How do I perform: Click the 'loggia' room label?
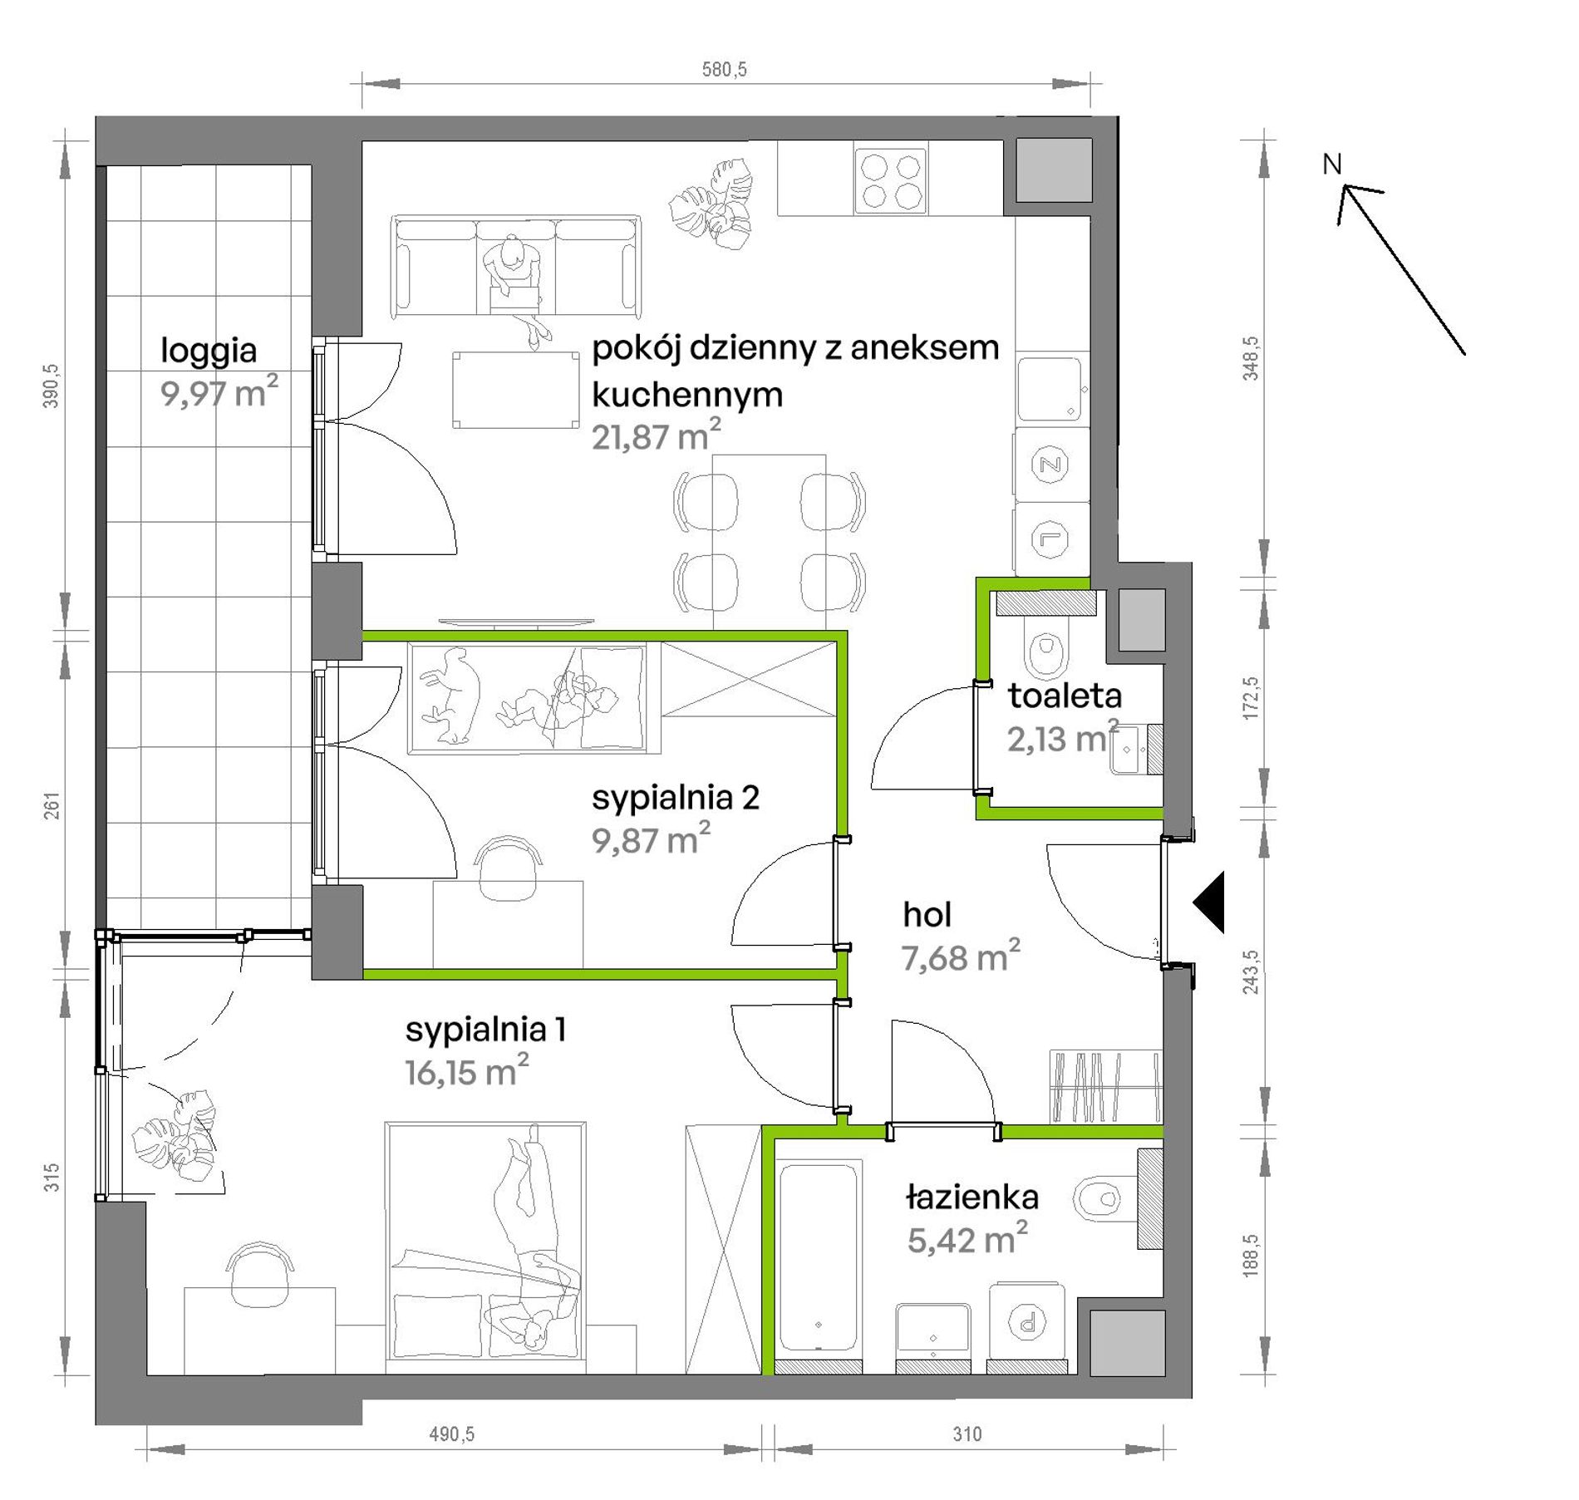(x=209, y=351)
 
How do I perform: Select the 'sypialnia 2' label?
(x=676, y=798)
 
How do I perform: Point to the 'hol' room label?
(x=927, y=915)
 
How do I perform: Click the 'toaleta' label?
(x=1065, y=696)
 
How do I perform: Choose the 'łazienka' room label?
(x=972, y=1198)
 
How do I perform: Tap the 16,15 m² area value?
(x=466, y=1071)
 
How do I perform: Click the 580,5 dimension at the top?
(x=724, y=70)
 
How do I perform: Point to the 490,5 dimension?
(x=451, y=1434)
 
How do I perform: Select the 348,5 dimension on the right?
(x=1250, y=358)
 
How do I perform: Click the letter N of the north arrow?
(x=1331, y=165)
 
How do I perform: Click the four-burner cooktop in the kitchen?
(x=891, y=181)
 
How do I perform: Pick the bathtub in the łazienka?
(x=819, y=1257)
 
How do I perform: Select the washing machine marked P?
(x=1027, y=1320)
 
